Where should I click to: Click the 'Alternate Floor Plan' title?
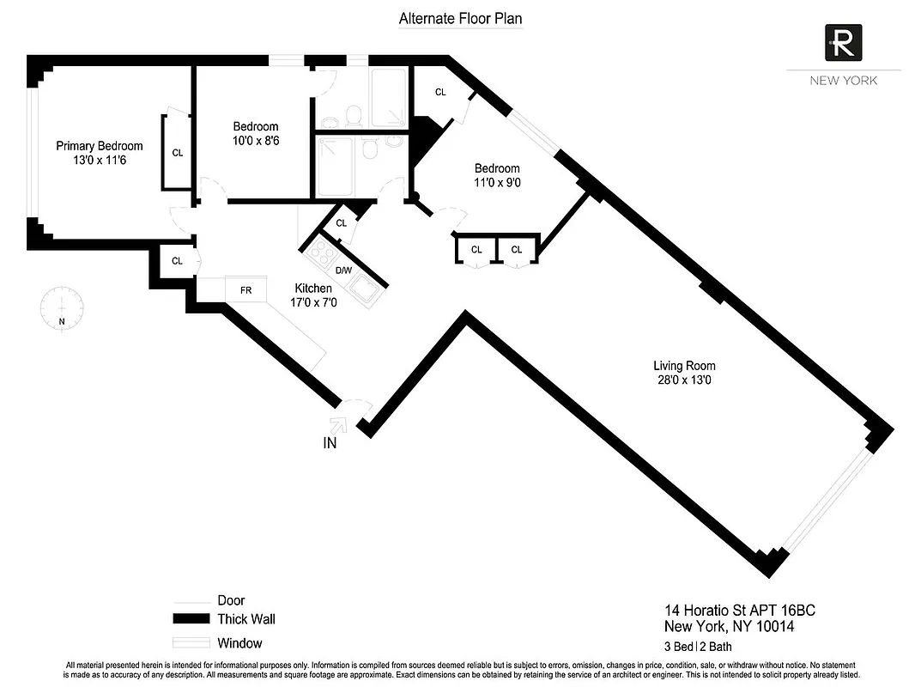click(x=460, y=18)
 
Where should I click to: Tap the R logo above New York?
click(x=843, y=42)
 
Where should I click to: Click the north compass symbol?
click(x=62, y=307)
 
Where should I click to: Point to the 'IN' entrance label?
click(x=330, y=443)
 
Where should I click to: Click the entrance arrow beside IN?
click(x=337, y=423)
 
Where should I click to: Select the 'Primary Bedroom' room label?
click(x=100, y=146)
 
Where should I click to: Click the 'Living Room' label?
click(x=683, y=366)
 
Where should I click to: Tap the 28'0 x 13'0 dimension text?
click(x=683, y=380)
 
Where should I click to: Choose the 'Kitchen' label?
click(x=313, y=289)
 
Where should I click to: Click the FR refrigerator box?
click(x=245, y=289)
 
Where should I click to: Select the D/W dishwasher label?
click(x=343, y=271)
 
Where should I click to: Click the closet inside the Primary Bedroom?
click(x=177, y=153)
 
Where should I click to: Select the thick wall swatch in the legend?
click(x=191, y=619)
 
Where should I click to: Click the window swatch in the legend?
click(x=191, y=642)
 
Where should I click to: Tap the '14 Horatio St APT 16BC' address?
click(x=739, y=611)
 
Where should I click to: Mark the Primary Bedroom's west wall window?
click(x=31, y=151)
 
